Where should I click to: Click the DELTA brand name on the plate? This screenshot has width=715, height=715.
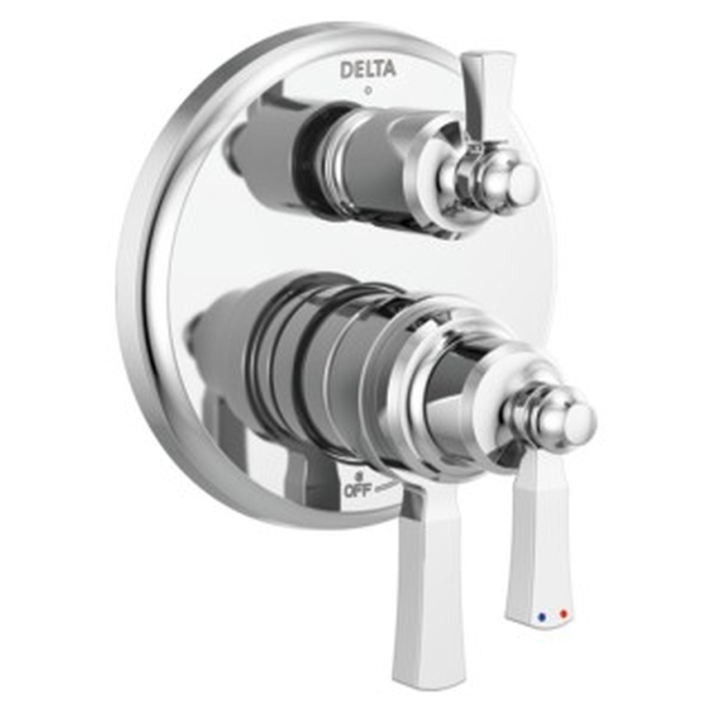(x=368, y=69)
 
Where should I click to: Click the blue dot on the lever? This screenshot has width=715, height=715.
(x=540, y=618)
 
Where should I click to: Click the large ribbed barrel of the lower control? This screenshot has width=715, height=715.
(x=313, y=363)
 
